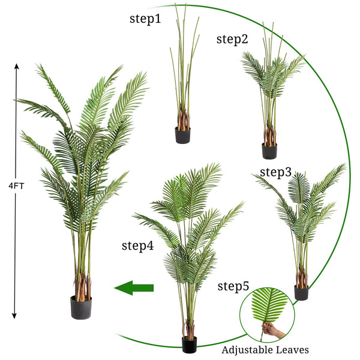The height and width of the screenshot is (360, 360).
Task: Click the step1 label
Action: tap(145, 19)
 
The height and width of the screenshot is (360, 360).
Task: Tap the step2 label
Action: tap(232, 39)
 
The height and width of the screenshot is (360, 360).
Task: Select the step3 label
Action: tap(275, 172)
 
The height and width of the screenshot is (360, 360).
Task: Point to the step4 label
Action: tap(137, 246)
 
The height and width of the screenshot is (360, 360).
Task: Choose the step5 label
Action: tap(233, 286)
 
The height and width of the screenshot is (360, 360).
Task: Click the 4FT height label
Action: tap(16, 186)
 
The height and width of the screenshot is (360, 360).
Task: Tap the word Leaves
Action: tap(292, 350)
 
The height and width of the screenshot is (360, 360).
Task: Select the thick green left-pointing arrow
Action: tap(134, 287)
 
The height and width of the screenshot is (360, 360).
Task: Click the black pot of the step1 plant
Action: tap(182, 136)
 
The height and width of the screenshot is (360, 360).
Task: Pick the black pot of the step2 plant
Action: tap(269, 151)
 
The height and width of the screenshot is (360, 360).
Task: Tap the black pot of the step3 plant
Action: tap(301, 293)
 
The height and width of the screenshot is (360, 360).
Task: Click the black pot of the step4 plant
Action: tap(190, 344)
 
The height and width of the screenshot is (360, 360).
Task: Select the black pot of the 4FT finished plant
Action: tap(81, 308)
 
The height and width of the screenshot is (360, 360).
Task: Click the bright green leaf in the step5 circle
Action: tap(269, 305)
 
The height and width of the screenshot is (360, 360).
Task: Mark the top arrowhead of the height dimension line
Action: tap(17, 66)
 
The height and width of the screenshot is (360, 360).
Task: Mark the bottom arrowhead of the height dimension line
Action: tap(14, 316)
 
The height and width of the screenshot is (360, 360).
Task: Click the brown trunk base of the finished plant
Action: tap(82, 287)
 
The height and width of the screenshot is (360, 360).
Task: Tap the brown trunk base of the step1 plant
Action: tap(183, 119)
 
